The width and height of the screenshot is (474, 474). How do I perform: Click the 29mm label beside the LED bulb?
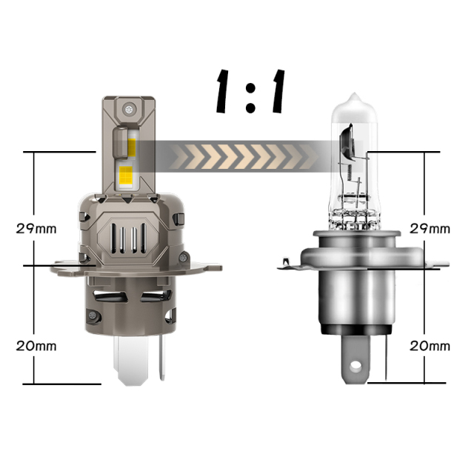point(36,228)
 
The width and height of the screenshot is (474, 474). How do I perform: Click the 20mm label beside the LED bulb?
point(36,346)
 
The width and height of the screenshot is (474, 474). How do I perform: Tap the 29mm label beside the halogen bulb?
point(430,229)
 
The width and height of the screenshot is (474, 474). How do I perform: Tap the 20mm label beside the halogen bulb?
point(430,346)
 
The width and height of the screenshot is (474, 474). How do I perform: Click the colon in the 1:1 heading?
point(250,97)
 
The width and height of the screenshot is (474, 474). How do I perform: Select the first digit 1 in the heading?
point(223,91)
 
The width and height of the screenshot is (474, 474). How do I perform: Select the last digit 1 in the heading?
point(278,91)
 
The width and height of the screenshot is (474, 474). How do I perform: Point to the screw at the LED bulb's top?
point(129,108)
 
